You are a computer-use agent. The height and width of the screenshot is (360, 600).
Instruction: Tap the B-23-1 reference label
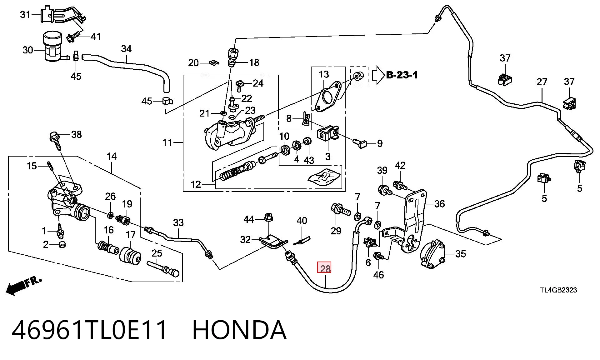point(402,75)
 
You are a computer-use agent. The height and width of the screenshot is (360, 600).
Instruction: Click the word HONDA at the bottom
point(239,330)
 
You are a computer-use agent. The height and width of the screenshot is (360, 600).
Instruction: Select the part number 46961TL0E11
point(89,330)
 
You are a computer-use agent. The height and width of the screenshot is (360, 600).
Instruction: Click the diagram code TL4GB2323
point(558,290)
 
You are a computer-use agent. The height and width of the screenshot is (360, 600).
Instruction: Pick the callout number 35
point(461,254)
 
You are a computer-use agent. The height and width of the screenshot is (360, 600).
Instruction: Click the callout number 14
point(112,156)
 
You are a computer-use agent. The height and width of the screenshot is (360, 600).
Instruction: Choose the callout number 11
point(167,142)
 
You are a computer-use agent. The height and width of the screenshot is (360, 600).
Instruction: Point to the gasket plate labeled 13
point(327,97)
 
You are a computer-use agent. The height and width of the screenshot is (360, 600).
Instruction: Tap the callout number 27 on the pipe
point(542,82)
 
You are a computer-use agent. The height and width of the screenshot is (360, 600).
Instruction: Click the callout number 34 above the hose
point(126,49)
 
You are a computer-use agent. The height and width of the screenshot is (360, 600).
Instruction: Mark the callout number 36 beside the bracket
point(439,204)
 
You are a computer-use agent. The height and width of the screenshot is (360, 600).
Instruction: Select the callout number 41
point(95,37)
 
